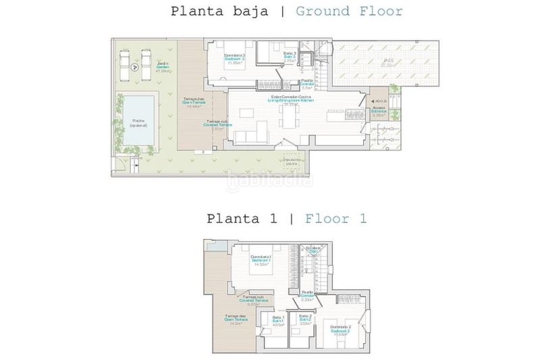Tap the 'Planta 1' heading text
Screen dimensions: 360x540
(x=241, y=219)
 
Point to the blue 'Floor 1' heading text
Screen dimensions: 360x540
(x=335, y=219)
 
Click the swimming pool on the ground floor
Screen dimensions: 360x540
(x=135, y=122)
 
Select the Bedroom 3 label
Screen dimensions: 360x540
(x=234, y=58)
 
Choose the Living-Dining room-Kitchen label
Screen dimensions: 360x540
(x=292, y=100)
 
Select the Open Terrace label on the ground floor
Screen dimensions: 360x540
(x=194, y=102)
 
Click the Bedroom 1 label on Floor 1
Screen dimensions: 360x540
(x=261, y=259)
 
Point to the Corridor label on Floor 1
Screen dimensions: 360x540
(x=307, y=296)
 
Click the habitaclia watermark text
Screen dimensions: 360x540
(x=270, y=181)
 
